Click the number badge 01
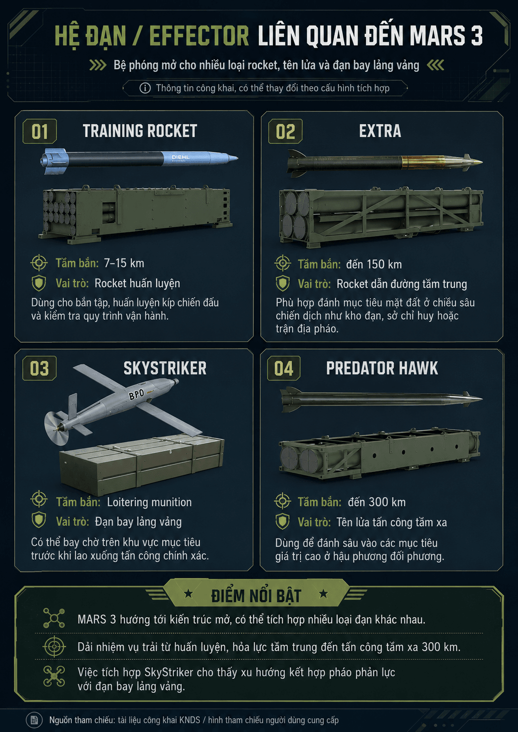(40, 132)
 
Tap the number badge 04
(284, 368)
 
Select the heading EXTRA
(380, 131)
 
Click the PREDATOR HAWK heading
(382, 368)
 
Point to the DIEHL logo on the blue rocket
(180, 158)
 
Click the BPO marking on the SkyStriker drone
(136, 395)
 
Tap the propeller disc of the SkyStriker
(55, 428)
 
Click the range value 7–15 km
(124, 263)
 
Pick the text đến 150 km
(374, 264)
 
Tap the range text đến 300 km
(377, 502)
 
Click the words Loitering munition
(149, 502)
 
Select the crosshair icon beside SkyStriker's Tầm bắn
(39, 499)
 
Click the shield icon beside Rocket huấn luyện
(39, 283)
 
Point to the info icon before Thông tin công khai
(145, 88)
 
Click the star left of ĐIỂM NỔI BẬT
(189, 593)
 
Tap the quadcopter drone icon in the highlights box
(54, 677)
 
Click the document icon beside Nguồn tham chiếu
(34, 720)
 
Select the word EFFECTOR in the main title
(199, 36)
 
